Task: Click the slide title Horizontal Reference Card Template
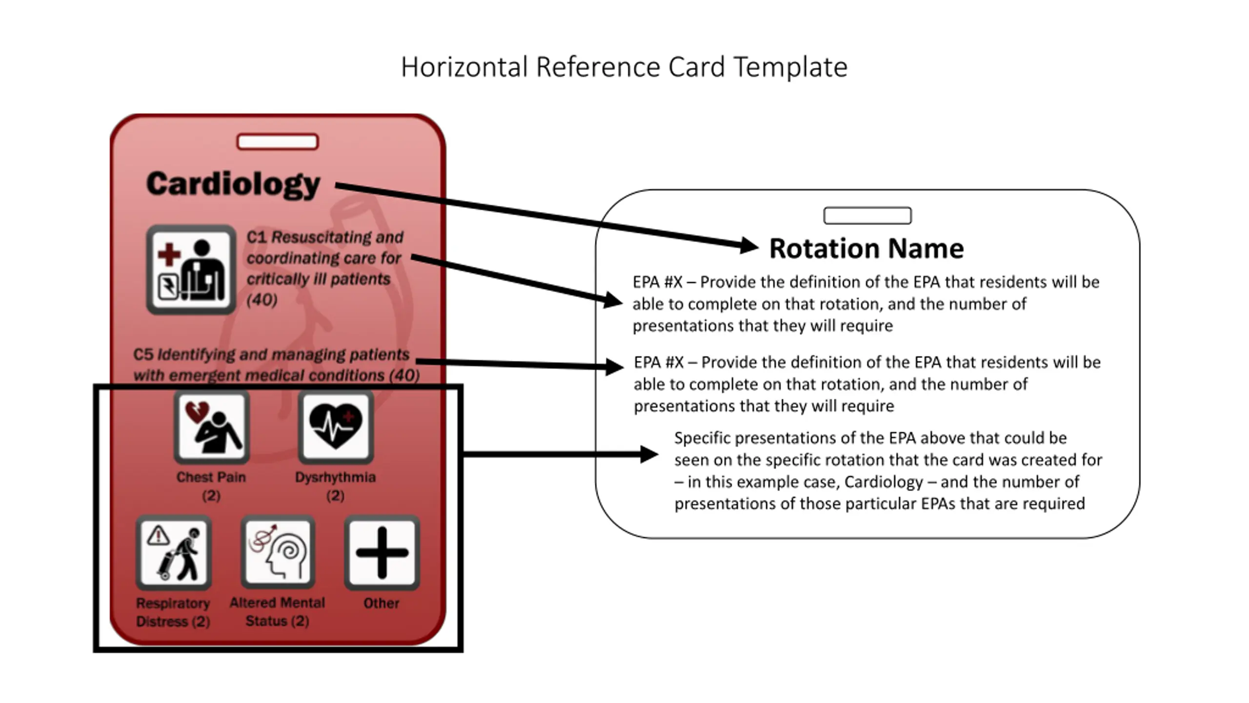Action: click(624, 67)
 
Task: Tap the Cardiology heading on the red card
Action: click(233, 184)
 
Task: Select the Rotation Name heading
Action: click(866, 248)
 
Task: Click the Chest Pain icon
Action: click(212, 427)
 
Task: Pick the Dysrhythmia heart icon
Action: click(336, 427)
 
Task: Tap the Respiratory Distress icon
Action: click(174, 553)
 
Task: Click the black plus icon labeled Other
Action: click(382, 553)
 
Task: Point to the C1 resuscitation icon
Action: click(191, 269)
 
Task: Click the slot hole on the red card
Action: click(278, 142)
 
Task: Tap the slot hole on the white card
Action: click(867, 216)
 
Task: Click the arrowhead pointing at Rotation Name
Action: click(748, 246)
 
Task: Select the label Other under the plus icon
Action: click(381, 603)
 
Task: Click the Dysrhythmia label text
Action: click(335, 477)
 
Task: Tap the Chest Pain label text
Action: click(211, 477)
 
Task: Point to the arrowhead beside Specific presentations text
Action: click(649, 455)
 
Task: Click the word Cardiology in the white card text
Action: click(884, 482)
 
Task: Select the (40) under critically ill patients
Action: click(262, 300)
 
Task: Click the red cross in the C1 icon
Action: click(169, 254)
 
